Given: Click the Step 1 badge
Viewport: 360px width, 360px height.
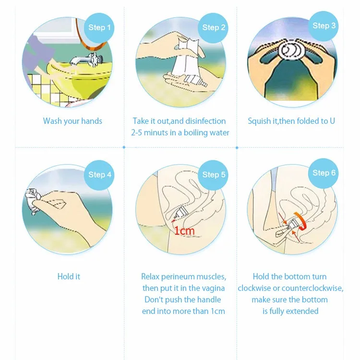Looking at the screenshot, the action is [x=99, y=27].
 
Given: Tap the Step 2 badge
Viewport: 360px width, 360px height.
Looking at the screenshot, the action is [x=213, y=27].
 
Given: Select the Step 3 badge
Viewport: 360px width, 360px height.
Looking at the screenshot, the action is [x=324, y=26].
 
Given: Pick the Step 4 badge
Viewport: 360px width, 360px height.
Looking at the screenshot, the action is [x=99, y=175].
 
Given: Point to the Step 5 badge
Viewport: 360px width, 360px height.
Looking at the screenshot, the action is [x=213, y=175].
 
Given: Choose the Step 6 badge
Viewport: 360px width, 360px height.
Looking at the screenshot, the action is [x=324, y=173].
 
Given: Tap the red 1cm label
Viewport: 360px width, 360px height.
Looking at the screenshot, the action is [x=184, y=231].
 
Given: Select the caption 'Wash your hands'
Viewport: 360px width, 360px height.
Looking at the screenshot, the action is [x=72, y=121].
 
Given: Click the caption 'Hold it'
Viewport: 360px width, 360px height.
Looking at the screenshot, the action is [x=69, y=276].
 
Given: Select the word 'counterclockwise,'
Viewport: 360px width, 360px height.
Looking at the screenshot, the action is [x=312, y=288].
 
